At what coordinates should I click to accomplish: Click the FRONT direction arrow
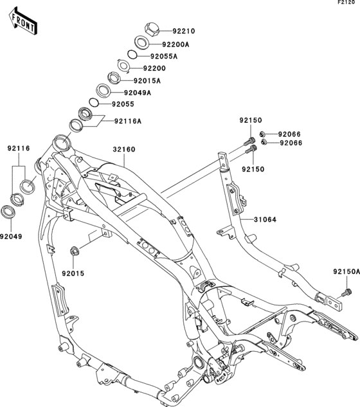tap(22, 21)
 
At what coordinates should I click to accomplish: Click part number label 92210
tap(184, 31)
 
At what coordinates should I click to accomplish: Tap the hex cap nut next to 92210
tap(152, 30)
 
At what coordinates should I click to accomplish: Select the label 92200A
tap(175, 44)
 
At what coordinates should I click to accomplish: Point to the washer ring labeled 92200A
tap(141, 42)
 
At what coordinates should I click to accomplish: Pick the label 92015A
tap(147, 81)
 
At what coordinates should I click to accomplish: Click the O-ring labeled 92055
tap(94, 102)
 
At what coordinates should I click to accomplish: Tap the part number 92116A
tap(128, 121)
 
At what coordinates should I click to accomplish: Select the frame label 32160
tap(124, 150)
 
